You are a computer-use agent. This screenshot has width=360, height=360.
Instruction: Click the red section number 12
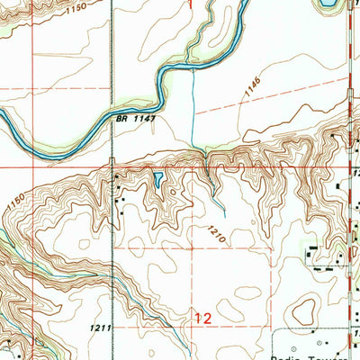(203, 318)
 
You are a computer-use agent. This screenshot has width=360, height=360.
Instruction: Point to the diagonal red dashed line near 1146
(270, 103)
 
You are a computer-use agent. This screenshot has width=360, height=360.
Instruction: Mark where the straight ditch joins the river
(193, 68)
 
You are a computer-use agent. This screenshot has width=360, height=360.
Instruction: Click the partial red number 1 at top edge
(191, 4)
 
